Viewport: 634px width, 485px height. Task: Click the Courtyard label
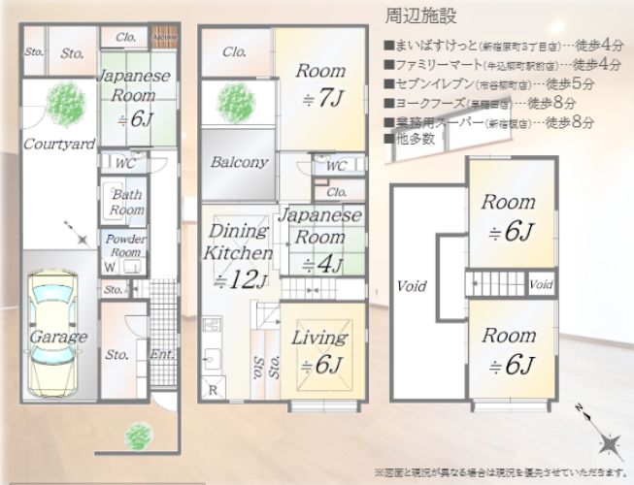pos(59,145)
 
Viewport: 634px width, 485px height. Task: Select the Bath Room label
pos(126,202)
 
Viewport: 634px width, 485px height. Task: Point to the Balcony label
pos(239,163)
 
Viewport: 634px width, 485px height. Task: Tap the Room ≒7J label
pos(320,84)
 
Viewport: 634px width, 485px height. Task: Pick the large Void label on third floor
pos(412,287)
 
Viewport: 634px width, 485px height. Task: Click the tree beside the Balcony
pos(234,101)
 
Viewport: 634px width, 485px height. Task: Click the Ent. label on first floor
pos(162,355)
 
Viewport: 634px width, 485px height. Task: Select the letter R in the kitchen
pos(213,390)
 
